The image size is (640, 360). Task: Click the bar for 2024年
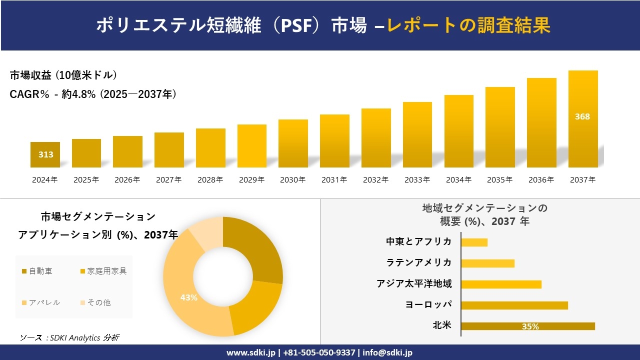click(45, 155)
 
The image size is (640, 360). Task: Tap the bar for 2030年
click(293, 143)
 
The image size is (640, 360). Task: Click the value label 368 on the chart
click(582, 116)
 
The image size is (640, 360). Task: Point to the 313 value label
click(46, 154)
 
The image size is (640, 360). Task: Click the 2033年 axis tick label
click(417, 179)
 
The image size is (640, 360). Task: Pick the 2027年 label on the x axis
click(168, 179)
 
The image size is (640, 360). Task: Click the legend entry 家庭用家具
click(103, 271)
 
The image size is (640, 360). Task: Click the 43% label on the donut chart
click(189, 297)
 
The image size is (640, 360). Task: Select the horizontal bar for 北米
click(527, 326)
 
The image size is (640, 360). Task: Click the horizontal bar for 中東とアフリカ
click(474, 242)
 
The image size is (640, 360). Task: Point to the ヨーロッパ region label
click(429, 304)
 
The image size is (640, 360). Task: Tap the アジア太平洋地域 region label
click(414, 283)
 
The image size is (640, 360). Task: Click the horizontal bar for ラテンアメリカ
click(487, 263)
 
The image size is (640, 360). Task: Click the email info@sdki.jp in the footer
click(388, 352)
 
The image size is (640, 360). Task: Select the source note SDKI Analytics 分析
click(69, 337)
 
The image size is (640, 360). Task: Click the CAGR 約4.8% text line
click(93, 94)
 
